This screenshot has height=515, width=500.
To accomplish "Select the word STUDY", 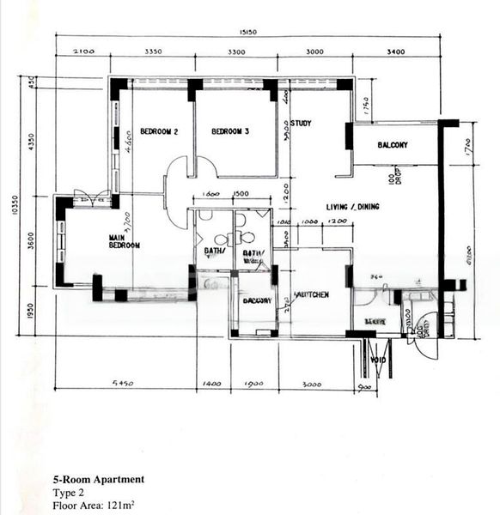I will (301, 124).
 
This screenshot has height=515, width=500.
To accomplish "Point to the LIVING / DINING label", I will (352, 208).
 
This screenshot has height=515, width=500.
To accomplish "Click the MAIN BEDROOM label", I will (124, 241).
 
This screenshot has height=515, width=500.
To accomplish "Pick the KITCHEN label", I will (312, 294).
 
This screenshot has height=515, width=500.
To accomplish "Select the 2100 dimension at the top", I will (83, 53).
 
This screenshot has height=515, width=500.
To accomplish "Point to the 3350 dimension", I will (153, 53).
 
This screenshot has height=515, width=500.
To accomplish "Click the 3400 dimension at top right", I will (395, 53).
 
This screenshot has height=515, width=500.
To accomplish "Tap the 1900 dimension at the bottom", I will (254, 384).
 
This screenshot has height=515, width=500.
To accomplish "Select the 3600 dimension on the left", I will (32, 242).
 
